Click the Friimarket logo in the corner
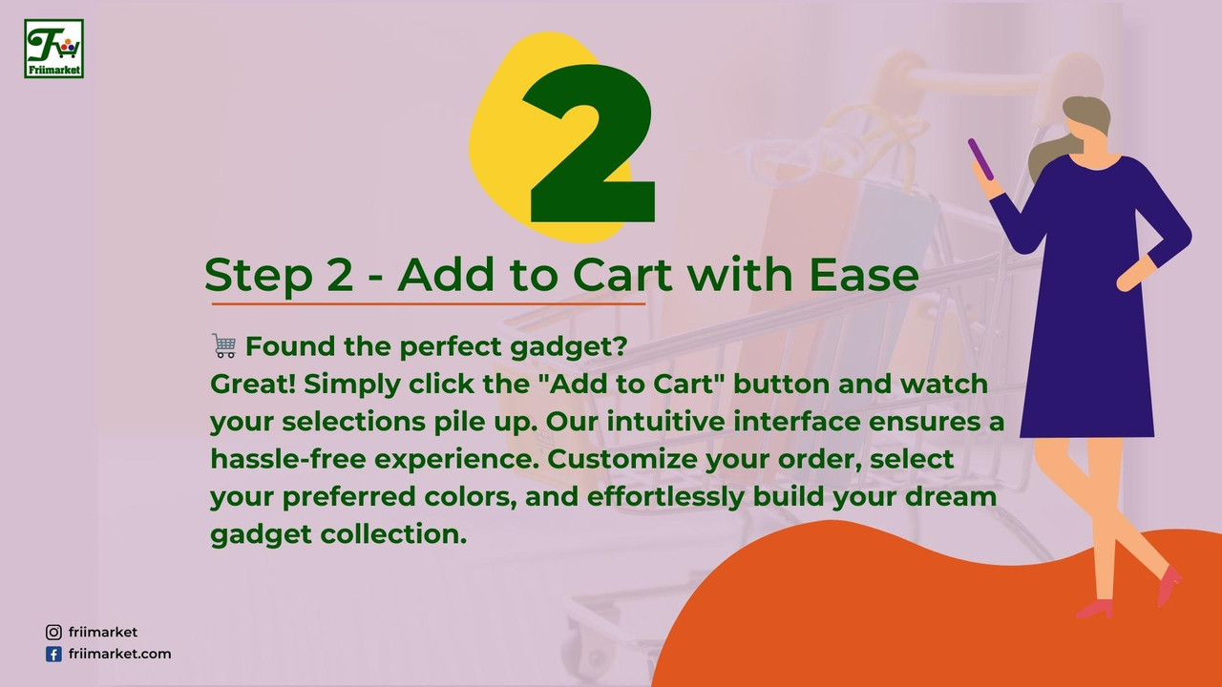pyautogui.click(x=53, y=49)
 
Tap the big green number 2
pyautogui.click(x=589, y=143)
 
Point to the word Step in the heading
pyautogui.click(x=258, y=277)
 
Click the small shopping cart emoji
pyautogui.click(x=224, y=345)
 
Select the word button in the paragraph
pyautogui.click(x=781, y=384)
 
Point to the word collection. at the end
pyautogui.click(x=393, y=533)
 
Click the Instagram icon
pyautogui.click(x=53, y=633)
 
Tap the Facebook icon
pyautogui.click(x=53, y=655)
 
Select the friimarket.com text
pyautogui.click(x=120, y=654)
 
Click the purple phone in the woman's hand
pyautogui.click(x=980, y=159)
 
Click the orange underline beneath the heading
pyautogui.click(x=429, y=303)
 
